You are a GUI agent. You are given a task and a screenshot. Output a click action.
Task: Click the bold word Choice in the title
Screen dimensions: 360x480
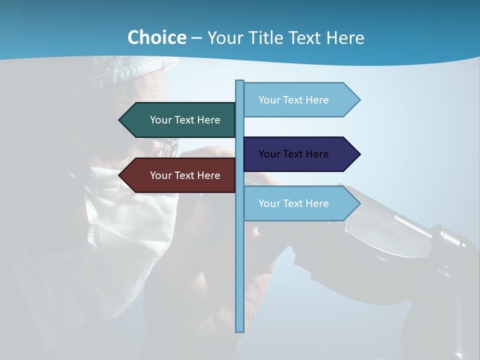pyautogui.click(x=156, y=38)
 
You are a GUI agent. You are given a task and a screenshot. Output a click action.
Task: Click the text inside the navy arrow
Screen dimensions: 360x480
pyautogui.click(x=293, y=154)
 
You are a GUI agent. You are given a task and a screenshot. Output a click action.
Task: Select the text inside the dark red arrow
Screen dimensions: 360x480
pyautogui.click(x=185, y=175)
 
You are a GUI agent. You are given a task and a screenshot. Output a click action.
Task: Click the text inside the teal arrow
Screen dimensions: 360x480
pyautogui.click(x=185, y=120)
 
